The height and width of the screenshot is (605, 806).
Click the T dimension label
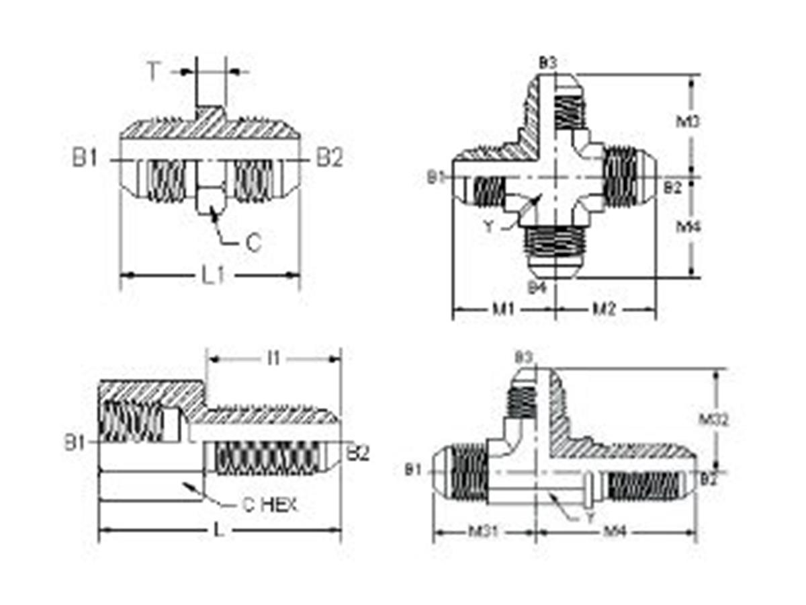(x=154, y=71)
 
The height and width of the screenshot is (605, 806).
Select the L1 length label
(x=213, y=276)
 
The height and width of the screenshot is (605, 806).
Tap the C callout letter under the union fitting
(x=253, y=243)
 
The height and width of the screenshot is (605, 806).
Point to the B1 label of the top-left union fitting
(x=86, y=159)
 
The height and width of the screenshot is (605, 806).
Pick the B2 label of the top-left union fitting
(x=330, y=159)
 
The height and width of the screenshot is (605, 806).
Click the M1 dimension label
(x=503, y=309)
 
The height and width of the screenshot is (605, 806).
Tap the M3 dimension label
(x=688, y=122)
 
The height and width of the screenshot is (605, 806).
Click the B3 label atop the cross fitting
(x=547, y=63)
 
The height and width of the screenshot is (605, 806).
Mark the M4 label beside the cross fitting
(x=688, y=227)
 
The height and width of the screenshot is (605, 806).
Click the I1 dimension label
(x=273, y=358)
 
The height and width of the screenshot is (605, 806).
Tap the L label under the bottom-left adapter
(x=218, y=530)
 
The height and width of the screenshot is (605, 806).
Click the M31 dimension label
(x=483, y=532)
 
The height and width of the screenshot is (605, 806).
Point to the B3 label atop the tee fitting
(x=524, y=357)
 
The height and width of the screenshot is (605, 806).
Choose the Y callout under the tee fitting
(x=589, y=518)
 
